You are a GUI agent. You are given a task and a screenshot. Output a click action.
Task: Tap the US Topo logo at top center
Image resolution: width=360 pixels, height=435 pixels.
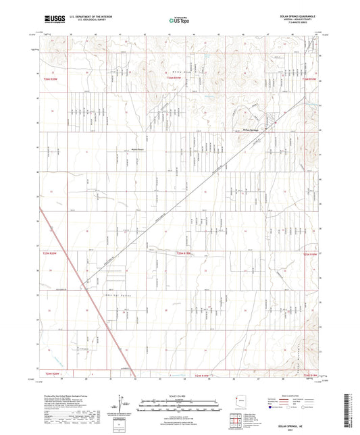tap(175, 21)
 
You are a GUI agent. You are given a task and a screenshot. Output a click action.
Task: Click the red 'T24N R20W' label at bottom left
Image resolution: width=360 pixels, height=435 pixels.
tap(53, 374)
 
